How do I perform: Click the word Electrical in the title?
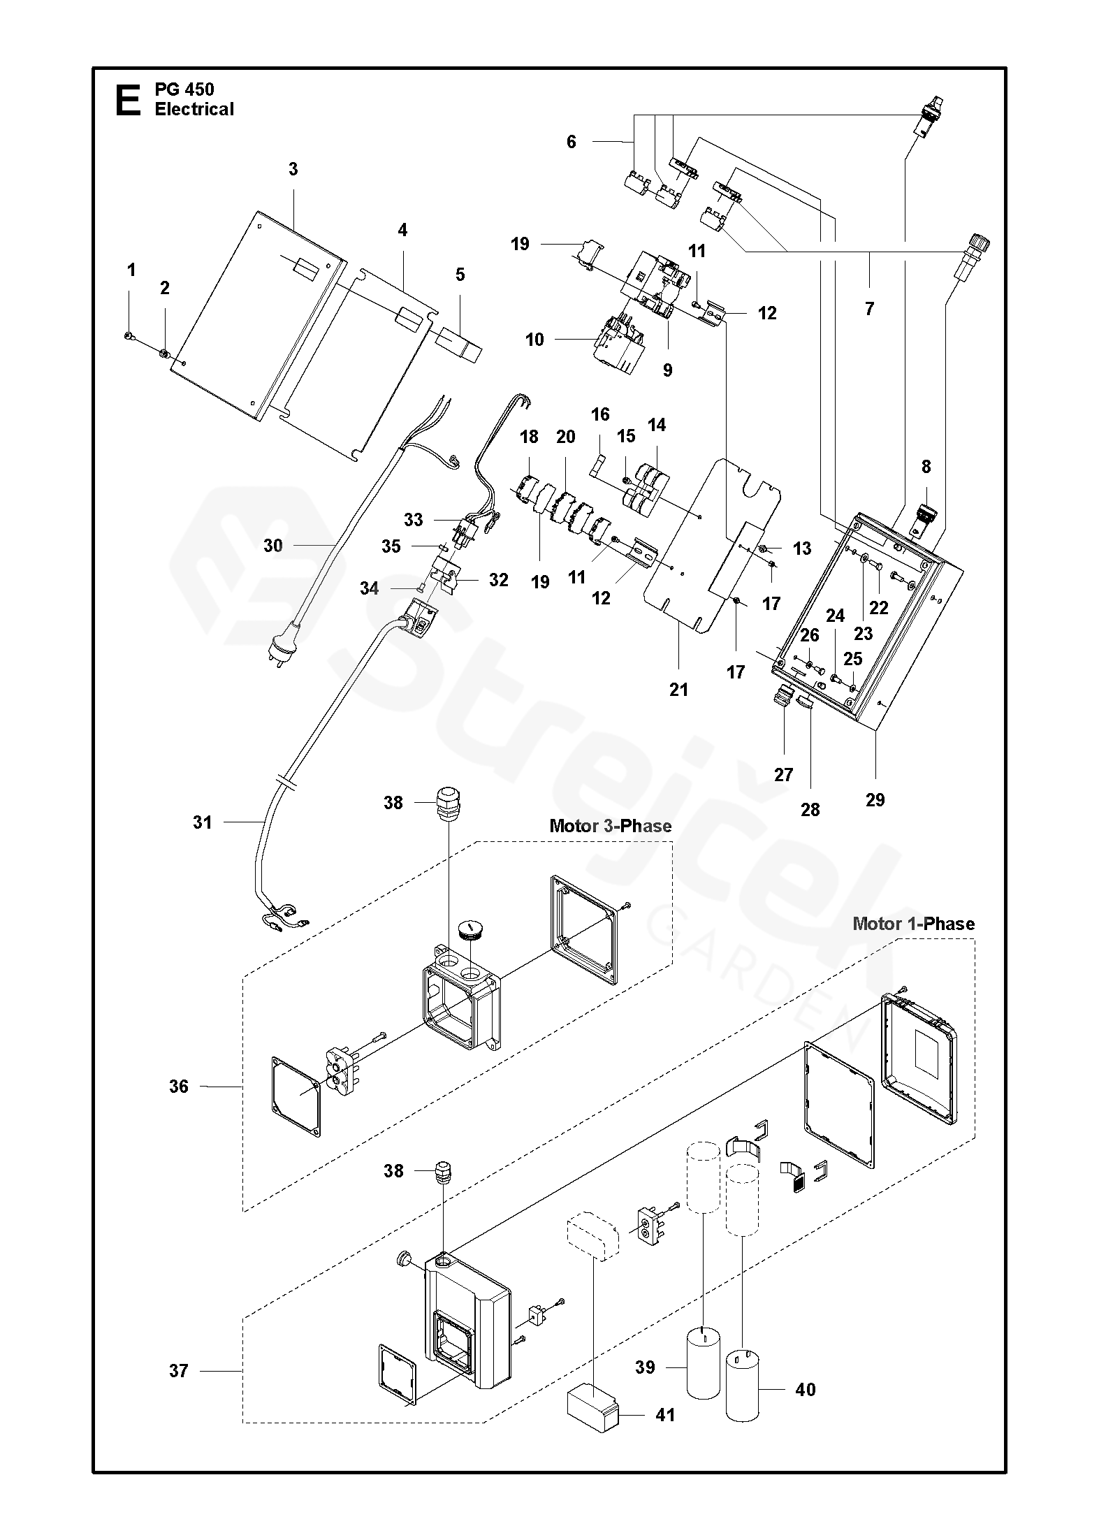click(x=194, y=109)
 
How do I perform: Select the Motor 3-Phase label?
click(x=611, y=826)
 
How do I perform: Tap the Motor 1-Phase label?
click(x=914, y=924)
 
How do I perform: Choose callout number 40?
click(x=806, y=1390)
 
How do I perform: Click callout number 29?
click(x=875, y=799)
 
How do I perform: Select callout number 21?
click(x=678, y=690)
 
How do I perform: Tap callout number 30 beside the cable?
click(x=272, y=546)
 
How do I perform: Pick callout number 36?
click(x=179, y=1086)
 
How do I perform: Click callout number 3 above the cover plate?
click(x=293, y=169)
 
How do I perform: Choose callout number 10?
click(x=534, y=340)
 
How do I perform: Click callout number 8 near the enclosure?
click(x=926, y=466)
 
